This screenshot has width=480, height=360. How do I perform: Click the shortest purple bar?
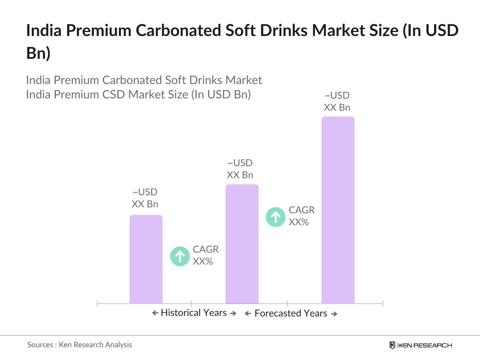pyautogui.click(x=146, y=259)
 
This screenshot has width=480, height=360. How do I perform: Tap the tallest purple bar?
pyautogui.click(x=338, y=210)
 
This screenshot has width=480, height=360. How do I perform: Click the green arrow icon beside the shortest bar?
pyautogui.click(x=180, y=256)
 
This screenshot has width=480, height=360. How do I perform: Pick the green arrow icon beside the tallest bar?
pyautogui.click(x=275, y=217)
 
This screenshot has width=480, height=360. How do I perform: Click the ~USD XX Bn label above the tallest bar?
pyautogui.click(x=337, y=101)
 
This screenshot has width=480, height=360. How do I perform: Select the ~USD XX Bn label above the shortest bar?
pyautogui.click(x=145, y=198)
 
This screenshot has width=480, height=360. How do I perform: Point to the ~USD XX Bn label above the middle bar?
pyautogui.click(x=240, y=169)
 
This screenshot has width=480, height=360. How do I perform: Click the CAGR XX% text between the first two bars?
pyautogui.click(x=205, y=255)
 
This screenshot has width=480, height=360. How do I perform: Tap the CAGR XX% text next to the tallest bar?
pyautogui.click(x=301, y=216)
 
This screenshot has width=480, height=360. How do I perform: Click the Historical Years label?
pyautogui.click(x=193, y=313)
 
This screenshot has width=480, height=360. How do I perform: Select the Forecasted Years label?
pyautogui.click(x=291, y=313)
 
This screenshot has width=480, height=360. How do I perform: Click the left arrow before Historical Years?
pyautogui.click(x=155, y=313)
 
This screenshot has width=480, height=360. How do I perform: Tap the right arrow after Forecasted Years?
pyautogui.click(x=334, y=314)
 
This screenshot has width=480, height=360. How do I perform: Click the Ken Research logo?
pyautogui.click(x=421, y=345)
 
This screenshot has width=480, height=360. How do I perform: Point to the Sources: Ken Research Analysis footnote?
pyautogui.click(x=79, y=345)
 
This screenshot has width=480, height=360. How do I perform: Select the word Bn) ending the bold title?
pyautogui.click(x=38, y=53)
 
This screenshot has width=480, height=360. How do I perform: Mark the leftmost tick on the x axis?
pyautogui.click(x=97, y=304)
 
